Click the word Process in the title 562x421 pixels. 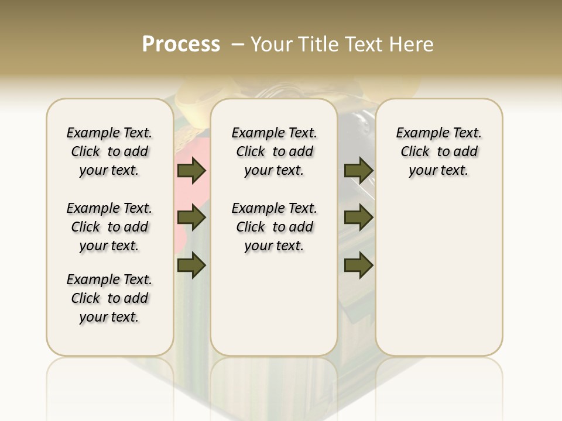181,44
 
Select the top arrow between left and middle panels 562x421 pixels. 191,171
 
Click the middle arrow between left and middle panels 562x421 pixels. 191,218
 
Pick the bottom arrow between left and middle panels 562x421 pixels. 191,266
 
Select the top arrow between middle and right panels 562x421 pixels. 358,171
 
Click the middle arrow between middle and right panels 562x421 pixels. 358,218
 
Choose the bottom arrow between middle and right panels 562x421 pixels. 358,266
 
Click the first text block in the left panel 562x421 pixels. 109,151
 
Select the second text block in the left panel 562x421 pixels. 109,227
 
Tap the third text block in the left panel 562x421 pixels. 109,298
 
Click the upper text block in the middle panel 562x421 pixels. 275,151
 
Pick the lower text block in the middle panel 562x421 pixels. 275,227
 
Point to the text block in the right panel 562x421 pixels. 439,151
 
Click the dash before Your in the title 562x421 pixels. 237,44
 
